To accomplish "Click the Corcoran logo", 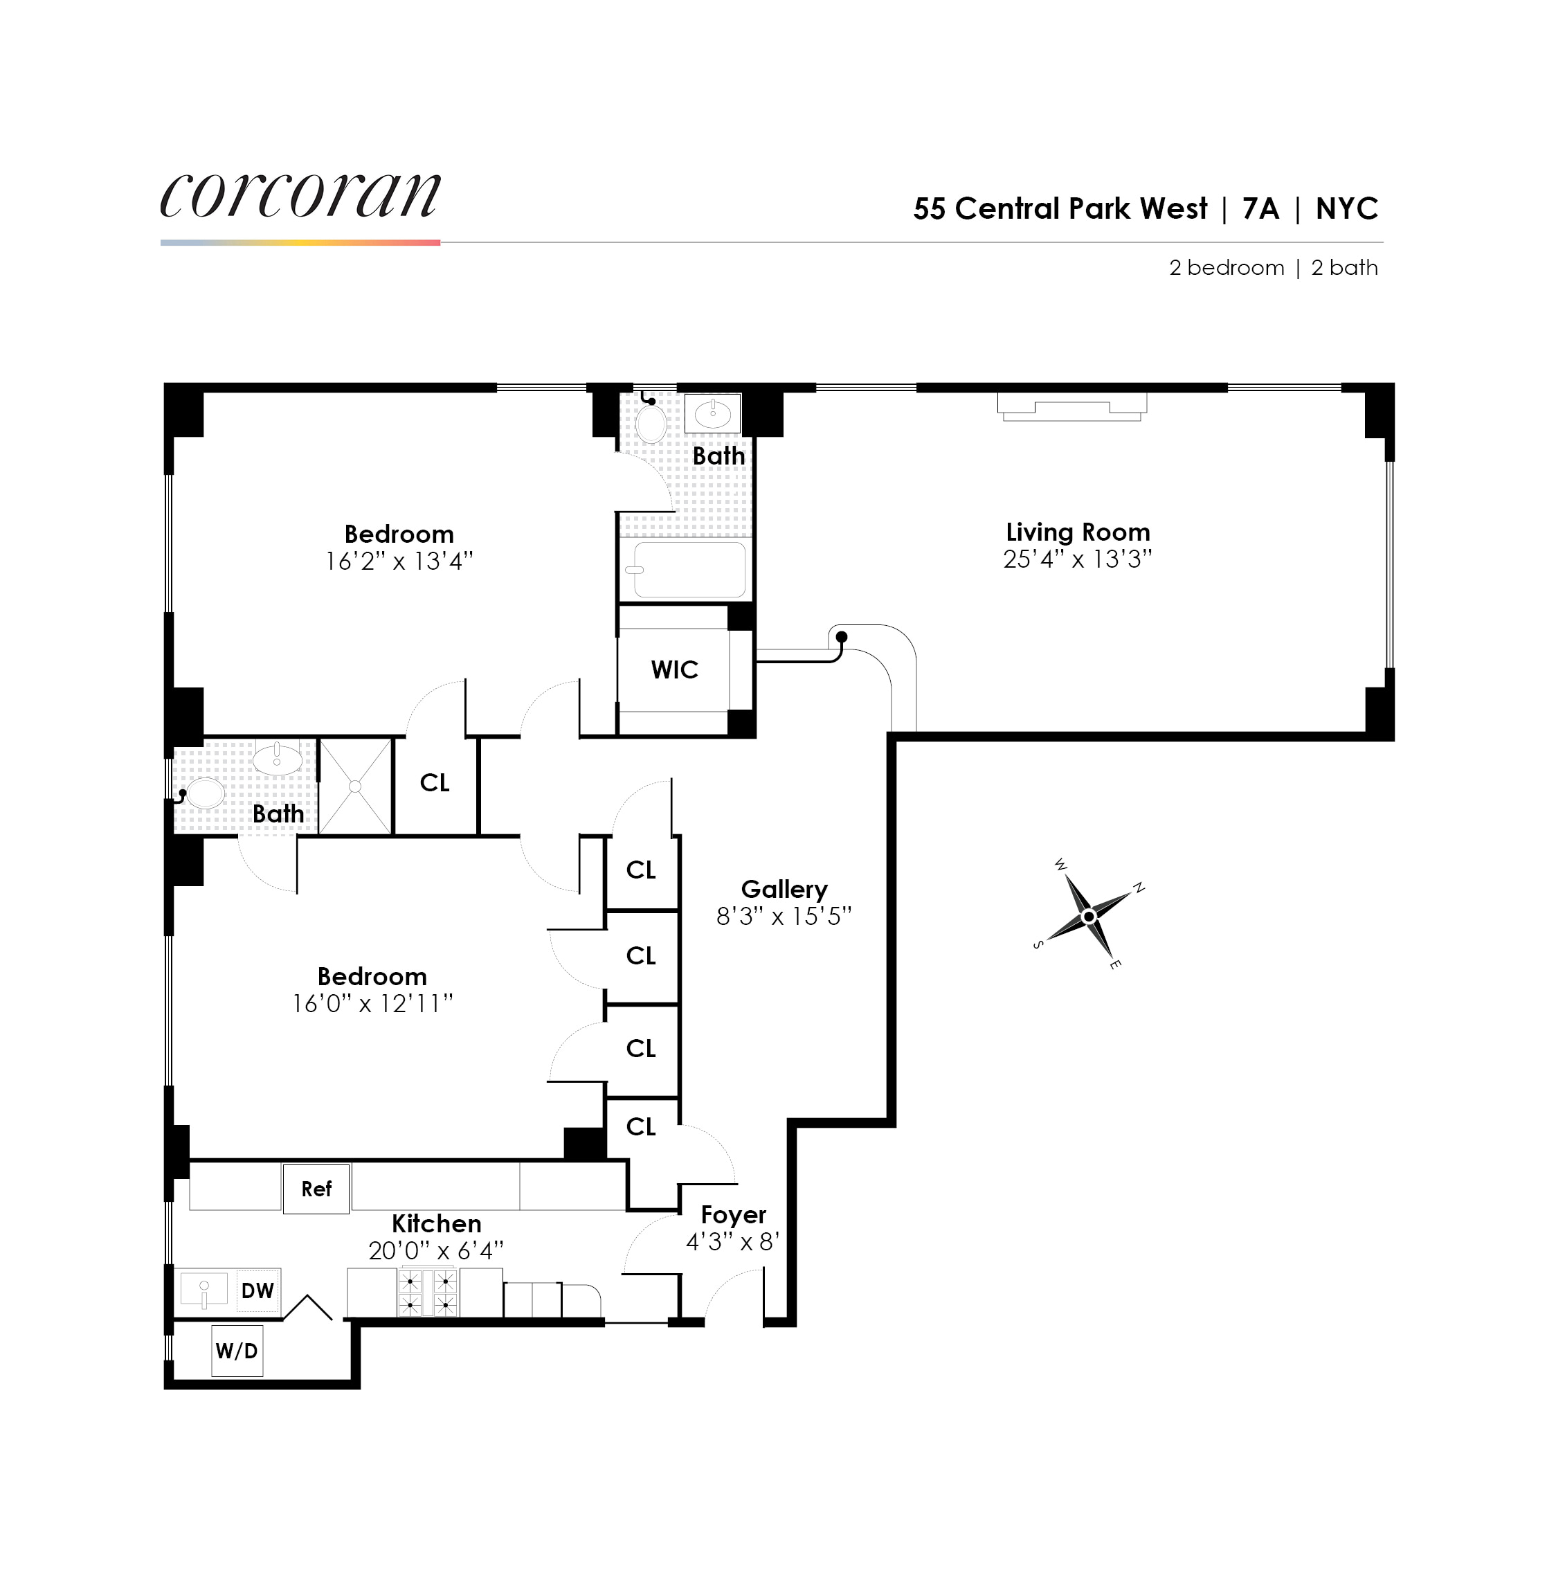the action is click(300, 195).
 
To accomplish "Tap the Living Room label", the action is click(1077, 532).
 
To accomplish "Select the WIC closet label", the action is click(674, 669).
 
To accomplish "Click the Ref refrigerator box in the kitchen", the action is click(316, 1189).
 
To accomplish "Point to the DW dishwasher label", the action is click(257, 1290).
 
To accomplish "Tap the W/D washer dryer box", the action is click(237, 1350).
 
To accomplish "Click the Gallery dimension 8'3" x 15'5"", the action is click(784, 916).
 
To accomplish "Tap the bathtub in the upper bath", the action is click(689, 570).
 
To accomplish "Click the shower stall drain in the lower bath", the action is click(354, 786).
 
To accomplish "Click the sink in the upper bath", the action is click(712, 412).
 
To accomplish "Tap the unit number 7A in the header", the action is click(1260, 208).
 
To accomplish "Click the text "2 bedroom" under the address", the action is click(1226, 268).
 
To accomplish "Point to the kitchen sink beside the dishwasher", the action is click(204, 1290).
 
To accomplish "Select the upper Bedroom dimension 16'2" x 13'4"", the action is click(399, 561).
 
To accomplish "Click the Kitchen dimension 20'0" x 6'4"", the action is click(435, 1250).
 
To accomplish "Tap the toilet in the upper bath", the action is click(651, 422).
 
